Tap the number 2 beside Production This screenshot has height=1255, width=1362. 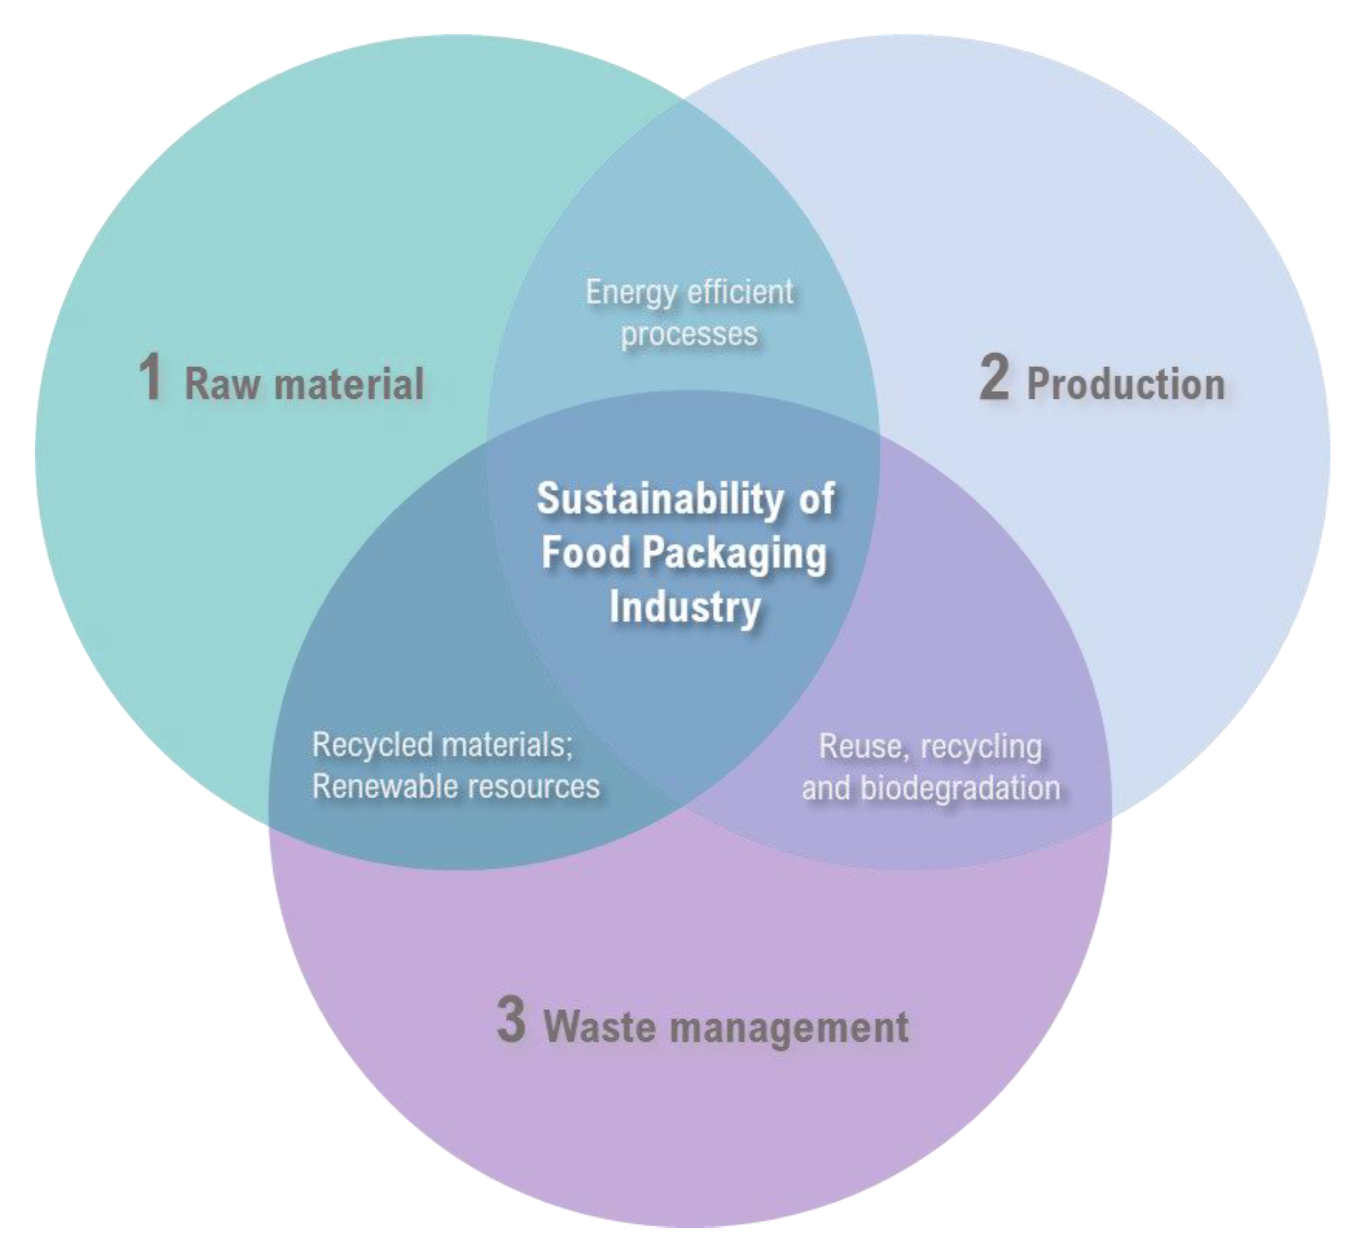click(993, 379)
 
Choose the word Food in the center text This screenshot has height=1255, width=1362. click(585, 553)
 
